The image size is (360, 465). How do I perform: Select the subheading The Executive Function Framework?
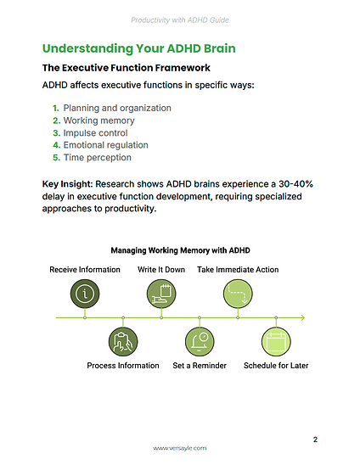(126, 67)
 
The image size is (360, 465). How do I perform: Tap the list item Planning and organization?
(117, 109)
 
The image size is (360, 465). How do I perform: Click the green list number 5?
(55, 157)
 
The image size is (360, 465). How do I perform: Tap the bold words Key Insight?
(67, 183)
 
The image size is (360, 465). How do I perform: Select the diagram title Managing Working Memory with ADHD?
(179, 250)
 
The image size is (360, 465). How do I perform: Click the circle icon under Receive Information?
(85, 293)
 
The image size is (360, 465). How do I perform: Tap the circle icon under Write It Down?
(161, 293)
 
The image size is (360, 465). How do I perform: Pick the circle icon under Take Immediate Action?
(238, 293)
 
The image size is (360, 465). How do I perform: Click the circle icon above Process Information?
(123, 342)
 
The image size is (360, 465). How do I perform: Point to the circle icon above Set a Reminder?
(200, 342)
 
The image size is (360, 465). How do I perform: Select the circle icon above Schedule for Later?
(276, 342)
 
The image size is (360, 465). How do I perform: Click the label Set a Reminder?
(200, 366)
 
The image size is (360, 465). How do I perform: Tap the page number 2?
(315, 439)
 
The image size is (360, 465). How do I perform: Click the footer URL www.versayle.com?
(179, 448)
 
